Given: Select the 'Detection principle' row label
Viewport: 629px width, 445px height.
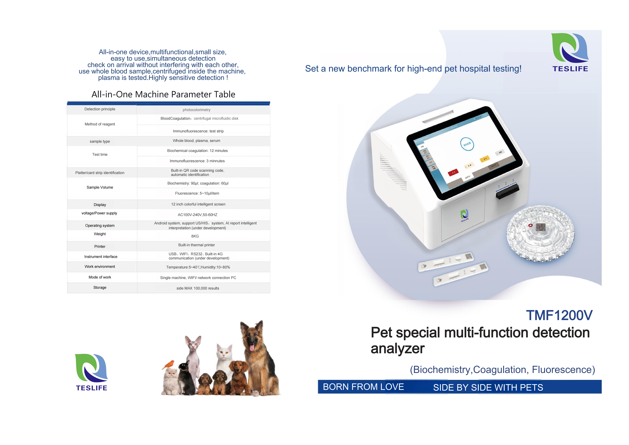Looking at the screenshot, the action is tap(100, 109).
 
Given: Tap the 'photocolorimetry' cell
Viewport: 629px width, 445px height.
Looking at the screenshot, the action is tap(196, 110).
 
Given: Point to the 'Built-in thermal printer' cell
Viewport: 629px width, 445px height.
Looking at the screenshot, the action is tap(196, 245).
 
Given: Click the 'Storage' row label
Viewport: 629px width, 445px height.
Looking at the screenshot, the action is tap(100, 287).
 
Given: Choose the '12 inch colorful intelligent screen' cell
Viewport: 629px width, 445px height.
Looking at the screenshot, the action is tap(198, 204).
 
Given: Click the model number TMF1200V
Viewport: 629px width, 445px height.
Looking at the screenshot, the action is tap(559, 315).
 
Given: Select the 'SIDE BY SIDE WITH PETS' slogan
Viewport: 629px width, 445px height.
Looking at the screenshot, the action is tap(488, 388).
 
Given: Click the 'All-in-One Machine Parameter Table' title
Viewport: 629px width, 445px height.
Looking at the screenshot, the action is tap(163, 94).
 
